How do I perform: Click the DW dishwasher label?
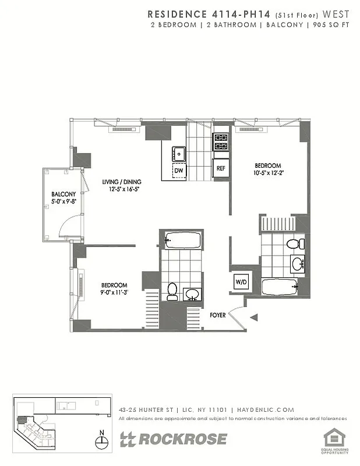(x=179, y=171)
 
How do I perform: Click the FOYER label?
(x=218, y=315)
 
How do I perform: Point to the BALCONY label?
(x=63, y=195)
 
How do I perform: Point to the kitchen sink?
(x=178, y=154)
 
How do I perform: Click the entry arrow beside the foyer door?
(x=253, y=317)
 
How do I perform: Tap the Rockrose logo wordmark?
(x=174, y=439)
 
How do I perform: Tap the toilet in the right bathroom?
(x=294, y=243)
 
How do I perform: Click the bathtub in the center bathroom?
(x=182, y=239)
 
